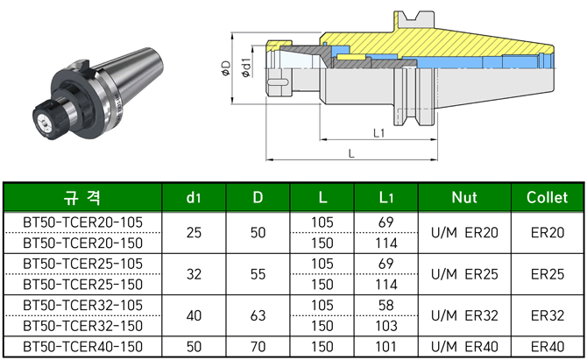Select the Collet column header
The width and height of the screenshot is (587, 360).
point(548,197)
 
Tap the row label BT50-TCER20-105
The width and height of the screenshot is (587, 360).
point(82,222)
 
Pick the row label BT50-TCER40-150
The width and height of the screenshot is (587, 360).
point(82,346)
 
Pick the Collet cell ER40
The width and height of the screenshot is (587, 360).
point(548,346)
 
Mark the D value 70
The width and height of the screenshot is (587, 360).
point(258,346)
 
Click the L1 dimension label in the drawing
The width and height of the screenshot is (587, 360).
point(379,133)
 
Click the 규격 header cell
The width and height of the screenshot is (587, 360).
point(82,197)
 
